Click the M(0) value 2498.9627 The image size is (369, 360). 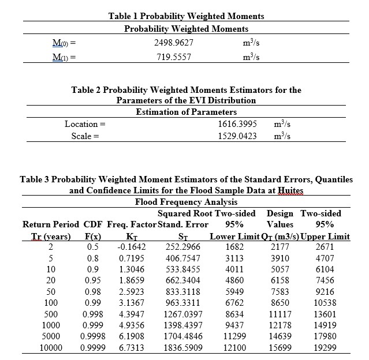tap(174, 43)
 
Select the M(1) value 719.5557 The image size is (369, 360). tap(174, 57)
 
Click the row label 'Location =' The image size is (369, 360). tap(85, 123)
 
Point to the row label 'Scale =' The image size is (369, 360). tap(85, 136)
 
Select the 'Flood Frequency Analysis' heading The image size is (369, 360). tap(184, 202)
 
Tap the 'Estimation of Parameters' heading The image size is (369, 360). tap(186, 111)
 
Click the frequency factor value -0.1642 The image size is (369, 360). tap(131, 247)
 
